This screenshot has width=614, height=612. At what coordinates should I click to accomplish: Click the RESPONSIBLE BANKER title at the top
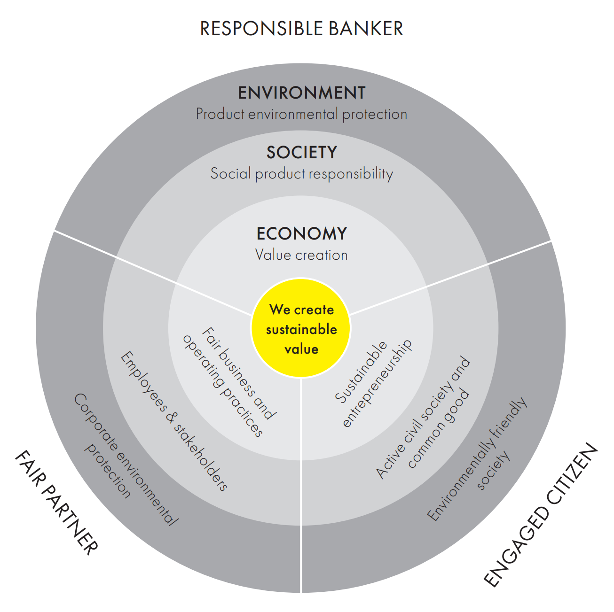(301, 28)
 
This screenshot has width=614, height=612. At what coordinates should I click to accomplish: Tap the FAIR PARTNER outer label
(56, 503)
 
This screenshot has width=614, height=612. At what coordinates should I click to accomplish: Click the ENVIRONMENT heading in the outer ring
(301, 93)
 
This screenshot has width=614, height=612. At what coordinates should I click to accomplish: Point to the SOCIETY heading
(301, 152)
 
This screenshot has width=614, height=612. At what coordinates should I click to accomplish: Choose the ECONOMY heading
(301, 233)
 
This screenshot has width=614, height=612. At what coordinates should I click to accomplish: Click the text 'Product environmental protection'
(301, 114)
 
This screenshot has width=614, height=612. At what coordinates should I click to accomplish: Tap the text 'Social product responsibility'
(301, 174)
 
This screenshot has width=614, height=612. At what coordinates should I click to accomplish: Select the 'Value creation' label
(301, 255)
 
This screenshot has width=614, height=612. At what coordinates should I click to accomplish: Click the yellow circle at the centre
(301, 328)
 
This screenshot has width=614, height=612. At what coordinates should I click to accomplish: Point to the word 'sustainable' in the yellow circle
(301, 330)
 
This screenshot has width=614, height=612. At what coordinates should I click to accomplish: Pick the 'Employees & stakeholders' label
(174, 421)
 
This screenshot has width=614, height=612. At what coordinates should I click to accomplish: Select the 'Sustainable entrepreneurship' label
(373, 384)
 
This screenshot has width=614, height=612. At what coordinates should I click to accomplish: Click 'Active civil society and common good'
(423, 418)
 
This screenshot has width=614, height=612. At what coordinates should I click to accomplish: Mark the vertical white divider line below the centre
(301, 485)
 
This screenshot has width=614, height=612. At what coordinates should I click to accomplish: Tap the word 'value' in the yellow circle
(301, 349)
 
